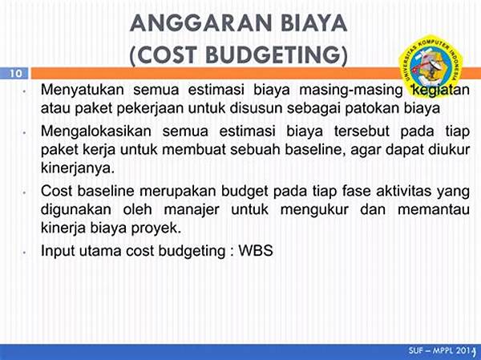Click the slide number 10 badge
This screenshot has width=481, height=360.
tap(14, 74)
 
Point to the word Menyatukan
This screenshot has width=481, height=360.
tap(82, 89)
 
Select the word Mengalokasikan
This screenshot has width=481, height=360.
tap(95, 131)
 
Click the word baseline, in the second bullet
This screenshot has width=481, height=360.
tap(285, 150)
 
